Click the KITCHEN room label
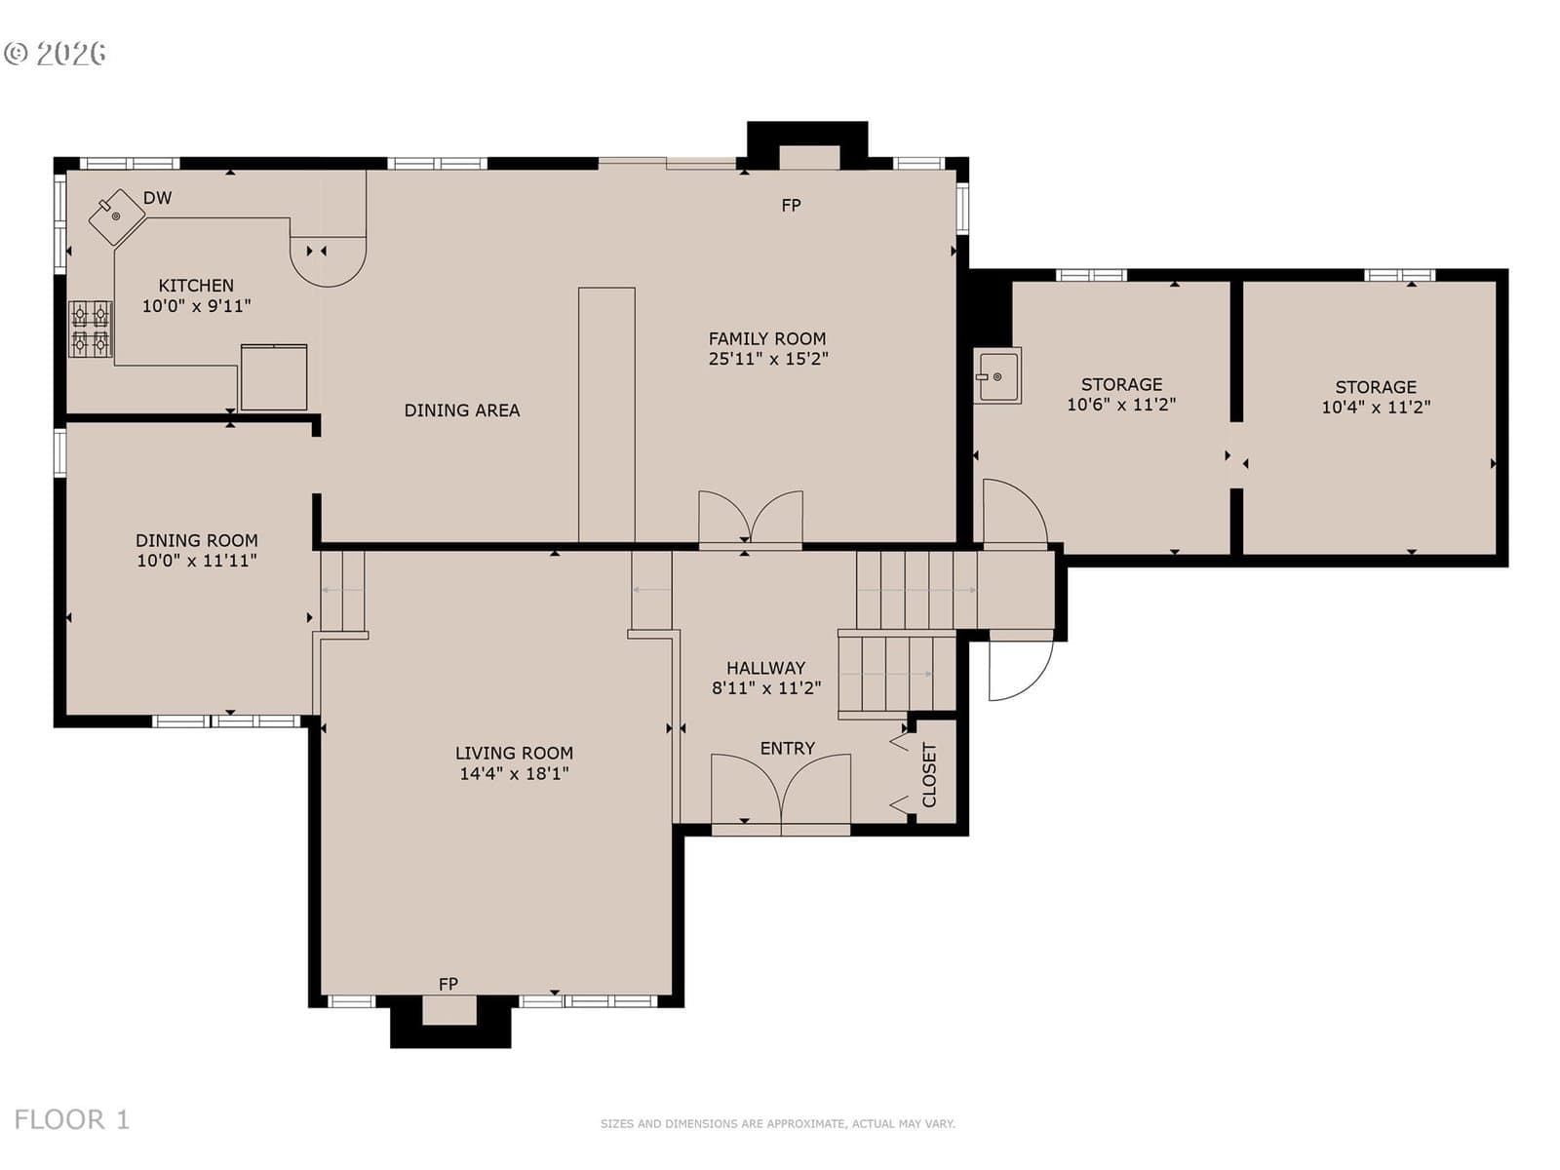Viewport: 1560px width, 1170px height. click(x=195, y=286)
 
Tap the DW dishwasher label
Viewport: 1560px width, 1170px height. click(x=157, y=198)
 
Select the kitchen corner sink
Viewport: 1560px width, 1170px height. click(x=117, y=217)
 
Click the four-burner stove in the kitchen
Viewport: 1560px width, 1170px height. click(x=91, y=329)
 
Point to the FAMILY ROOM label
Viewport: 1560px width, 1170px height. click(x=767, y=339)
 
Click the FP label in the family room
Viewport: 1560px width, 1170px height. click(x=791, y=206)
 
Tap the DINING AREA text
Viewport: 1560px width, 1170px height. click(x=462, y=410)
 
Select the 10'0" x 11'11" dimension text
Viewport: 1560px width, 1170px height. click(x=197, y=561)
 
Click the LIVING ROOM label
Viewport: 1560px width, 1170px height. click(x=514, y=753)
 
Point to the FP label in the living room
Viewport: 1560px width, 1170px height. click(x=448, y=985)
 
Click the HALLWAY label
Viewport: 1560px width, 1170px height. click(x=765, y=668)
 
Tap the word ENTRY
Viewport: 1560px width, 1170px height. click(x=788, y=748)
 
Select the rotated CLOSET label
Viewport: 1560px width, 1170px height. click(x=929, y=775)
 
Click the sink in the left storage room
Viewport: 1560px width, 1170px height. click(x=997, y=375)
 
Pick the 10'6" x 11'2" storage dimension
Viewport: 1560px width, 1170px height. click(x=1121, y=405)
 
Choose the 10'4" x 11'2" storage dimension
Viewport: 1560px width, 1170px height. click(x=1376, y=407)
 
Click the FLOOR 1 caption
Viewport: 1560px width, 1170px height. click(x=72, y=1119)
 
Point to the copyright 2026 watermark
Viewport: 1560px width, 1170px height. click(x=55, y=54)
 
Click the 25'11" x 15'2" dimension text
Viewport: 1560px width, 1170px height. click(x=768, y=359)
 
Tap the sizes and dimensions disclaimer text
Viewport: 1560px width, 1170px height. click(x=777, y=1123)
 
